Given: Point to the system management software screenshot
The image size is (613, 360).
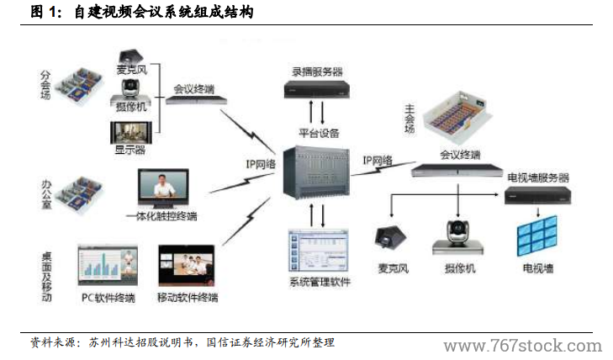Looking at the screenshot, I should point(319,249).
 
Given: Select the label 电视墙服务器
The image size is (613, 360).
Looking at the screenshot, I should point(537,178).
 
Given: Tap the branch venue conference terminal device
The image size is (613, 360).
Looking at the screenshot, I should point(197,99).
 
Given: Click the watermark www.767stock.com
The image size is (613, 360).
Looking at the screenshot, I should point(522,346).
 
